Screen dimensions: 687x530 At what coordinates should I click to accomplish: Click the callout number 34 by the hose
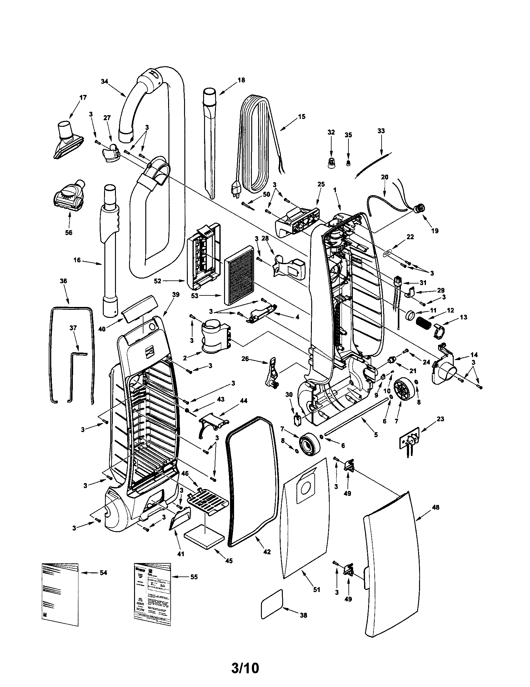tap(104, 82)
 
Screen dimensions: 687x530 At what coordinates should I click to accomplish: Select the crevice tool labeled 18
tap(210, 141)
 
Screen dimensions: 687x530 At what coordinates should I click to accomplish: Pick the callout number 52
tap(158, 281)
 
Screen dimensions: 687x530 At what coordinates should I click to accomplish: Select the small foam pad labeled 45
tap(204, 538)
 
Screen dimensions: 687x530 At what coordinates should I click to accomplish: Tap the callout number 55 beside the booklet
tap(194, 577)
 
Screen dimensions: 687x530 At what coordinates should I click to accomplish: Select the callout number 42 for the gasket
tap(267, 552)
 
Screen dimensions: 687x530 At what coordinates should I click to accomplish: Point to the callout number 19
tap(435, 230)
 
